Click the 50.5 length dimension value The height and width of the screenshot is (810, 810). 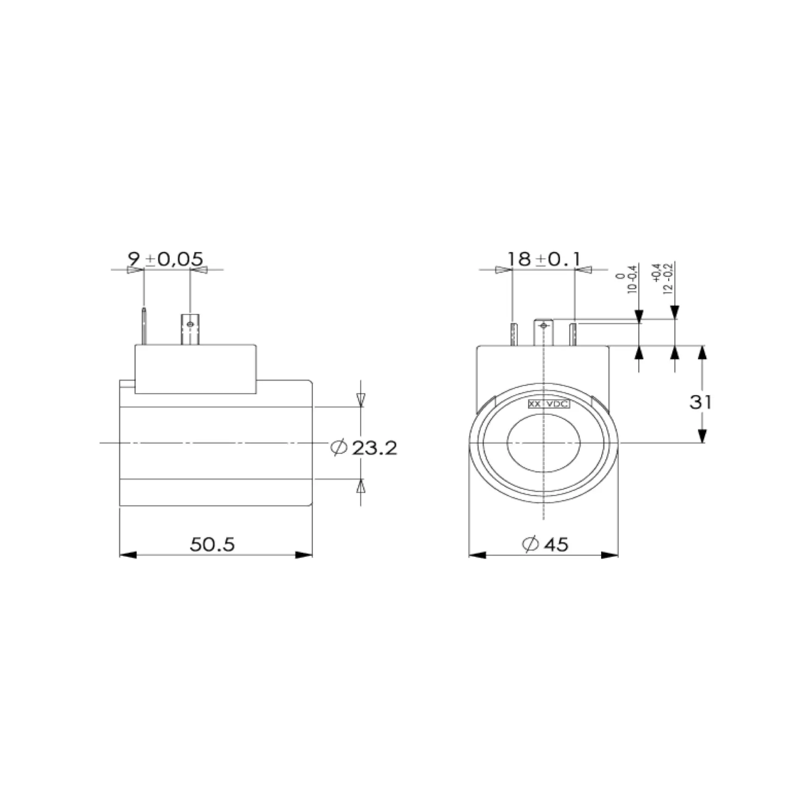pyautogui.click(x=212, y=544)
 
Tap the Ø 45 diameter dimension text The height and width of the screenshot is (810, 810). pyautogui.click(x=545, y=544)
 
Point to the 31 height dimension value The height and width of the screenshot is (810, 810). pyautogui.click(x=700, y=402)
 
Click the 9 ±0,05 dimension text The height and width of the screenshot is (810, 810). pyautogui.click(x=165, y=259)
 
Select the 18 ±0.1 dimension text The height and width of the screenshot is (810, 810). pyautogui.click(x=544, y=259)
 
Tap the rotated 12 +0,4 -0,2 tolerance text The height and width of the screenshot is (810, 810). pyautogui.click(x=662, y=278)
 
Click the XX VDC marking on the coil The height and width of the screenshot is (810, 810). pyautogui.click(x=549, y=404)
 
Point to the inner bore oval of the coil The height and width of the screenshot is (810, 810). pyautogui.click(x=544, y=443)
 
